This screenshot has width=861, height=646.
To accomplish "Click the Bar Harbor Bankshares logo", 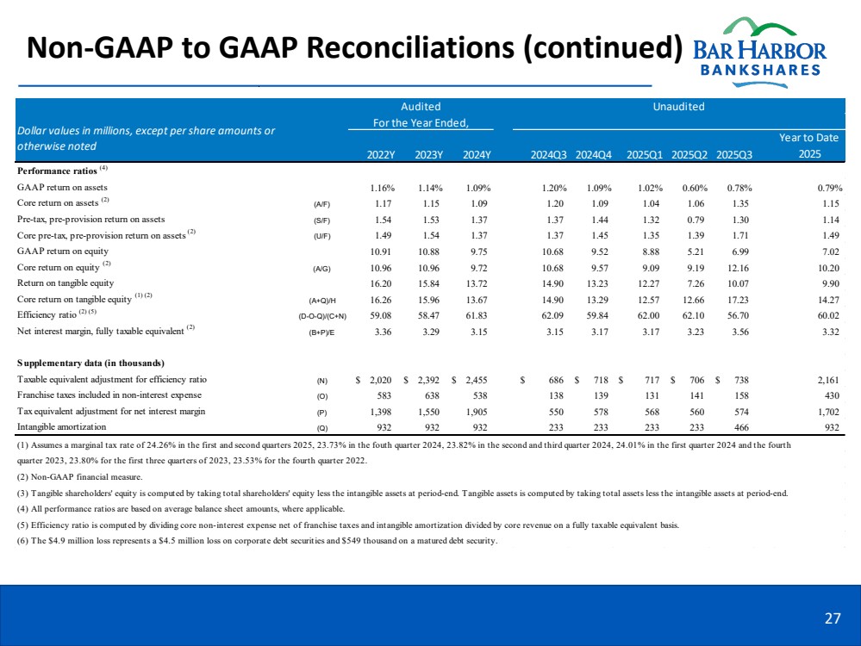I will (x=759, y=49).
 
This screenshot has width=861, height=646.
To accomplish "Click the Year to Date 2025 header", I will (x=808, y=146).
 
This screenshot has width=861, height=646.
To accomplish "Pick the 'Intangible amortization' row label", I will (x=62, y=426).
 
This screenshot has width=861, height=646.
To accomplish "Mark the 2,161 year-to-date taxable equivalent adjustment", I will (x=828, y=380).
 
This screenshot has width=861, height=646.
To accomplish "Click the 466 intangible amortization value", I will (x=740, y=426).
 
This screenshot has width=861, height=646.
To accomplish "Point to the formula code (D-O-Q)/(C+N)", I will (x=309, y=315).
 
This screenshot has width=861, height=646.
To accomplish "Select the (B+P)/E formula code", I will (x=319, y=331).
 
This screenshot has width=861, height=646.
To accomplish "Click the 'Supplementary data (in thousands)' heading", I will (x=90, y=361).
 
